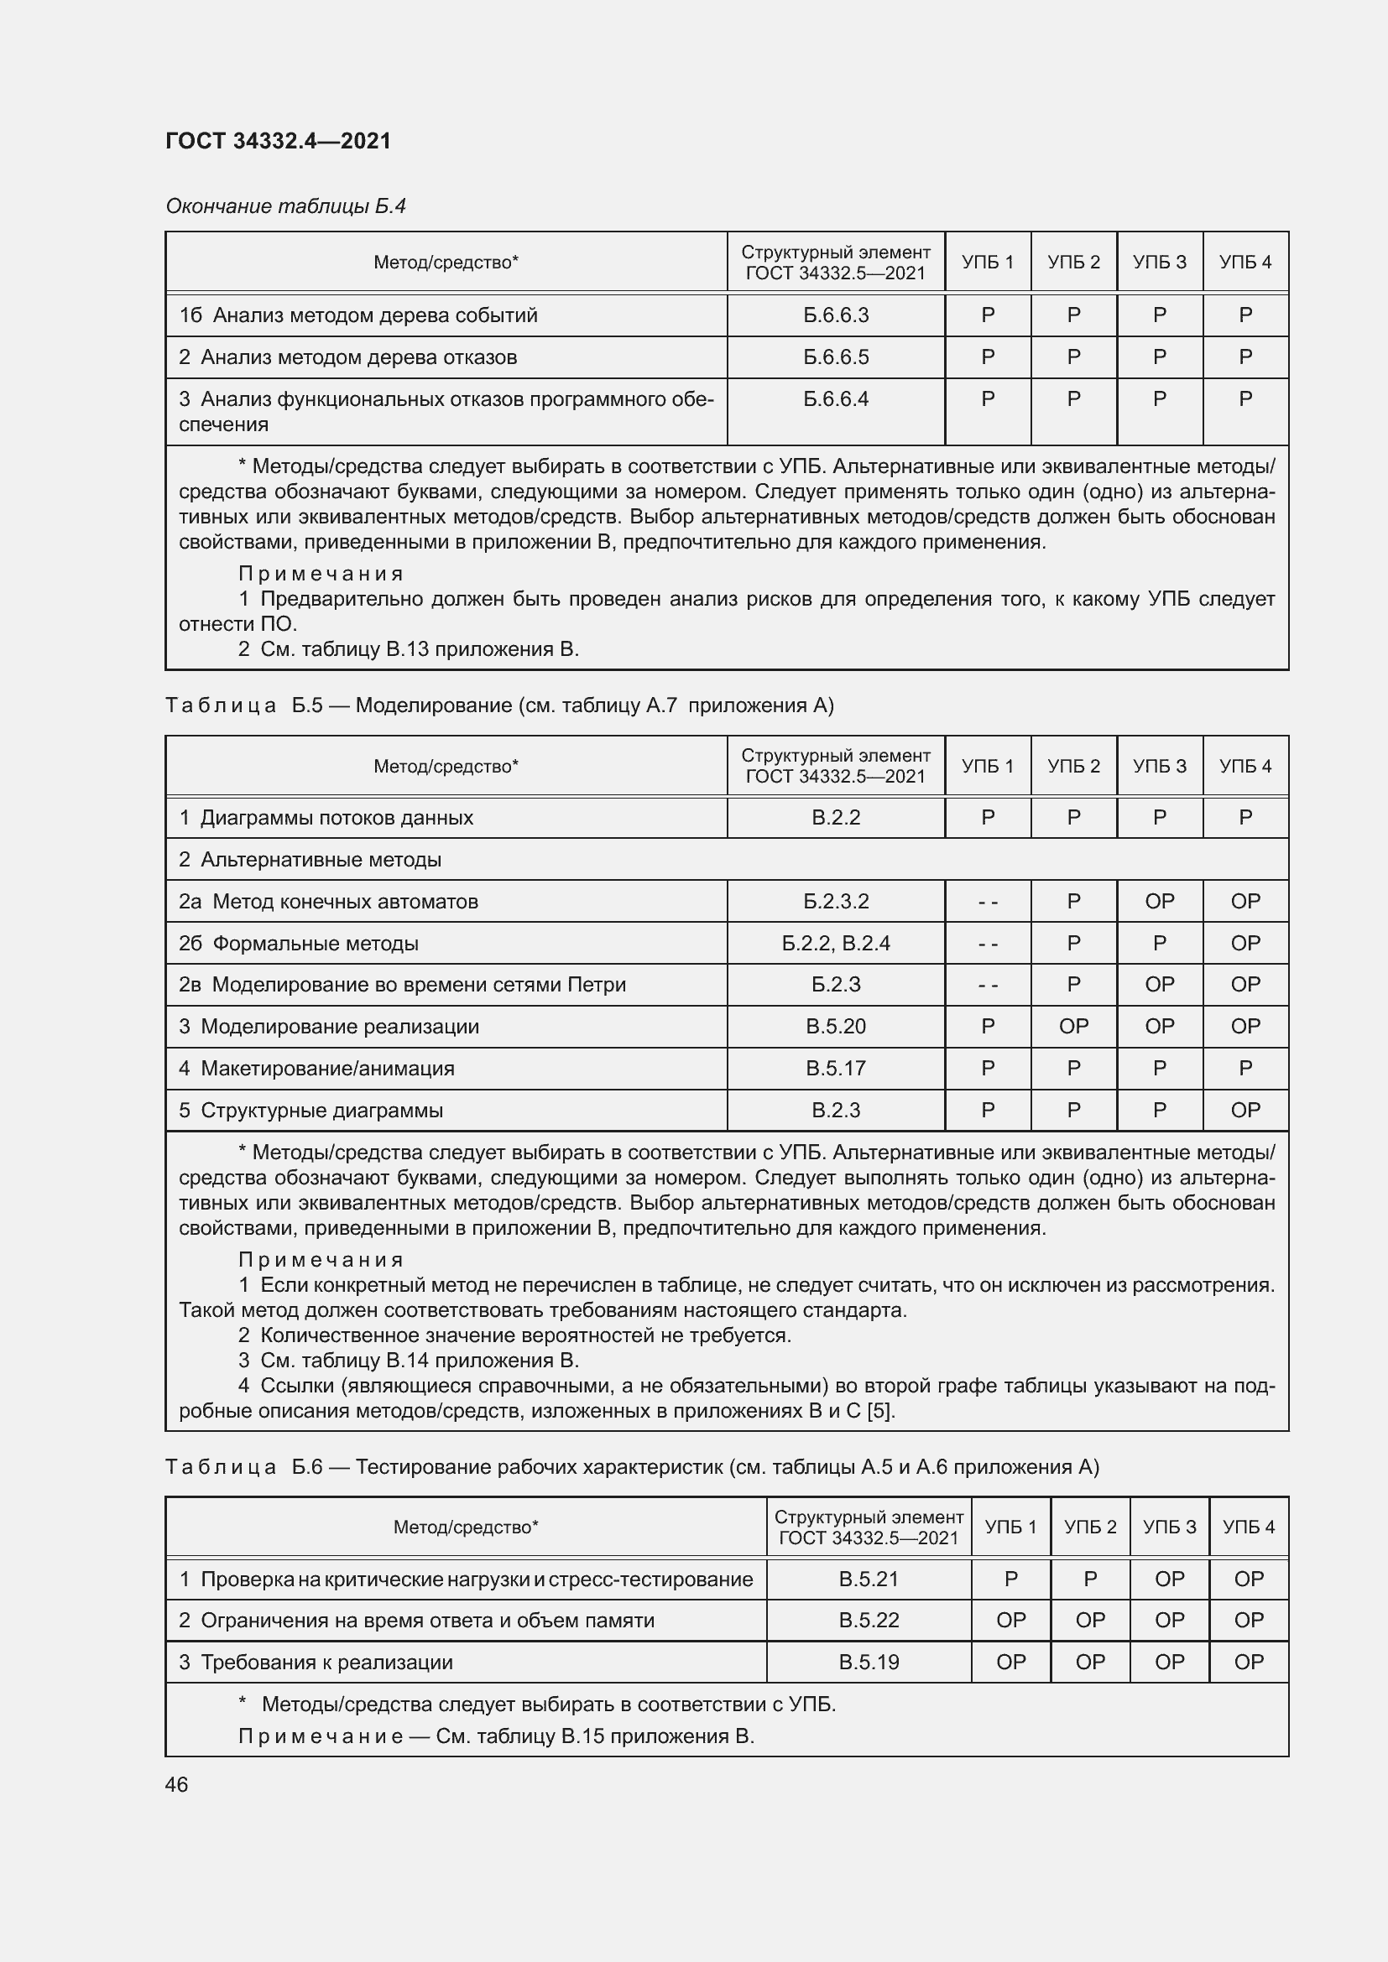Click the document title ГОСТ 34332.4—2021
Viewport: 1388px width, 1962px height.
278,141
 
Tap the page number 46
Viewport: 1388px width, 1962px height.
177,1784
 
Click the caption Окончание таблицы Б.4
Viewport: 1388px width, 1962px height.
285,206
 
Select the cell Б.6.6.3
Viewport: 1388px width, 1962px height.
835,315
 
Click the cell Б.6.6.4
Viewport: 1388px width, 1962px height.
835,399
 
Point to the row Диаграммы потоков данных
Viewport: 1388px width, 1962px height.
326,818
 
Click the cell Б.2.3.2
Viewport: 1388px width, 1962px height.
835,902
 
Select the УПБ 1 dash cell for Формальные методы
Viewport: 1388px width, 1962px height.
987,944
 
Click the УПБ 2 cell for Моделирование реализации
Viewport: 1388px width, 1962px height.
1073,1026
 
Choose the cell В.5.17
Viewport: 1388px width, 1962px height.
835,1068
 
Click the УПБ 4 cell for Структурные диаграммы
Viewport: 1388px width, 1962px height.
1245,1110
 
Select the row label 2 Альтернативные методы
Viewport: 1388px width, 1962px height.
310,860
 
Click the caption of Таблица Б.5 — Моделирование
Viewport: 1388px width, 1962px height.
499,705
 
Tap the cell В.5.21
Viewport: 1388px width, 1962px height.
869,1579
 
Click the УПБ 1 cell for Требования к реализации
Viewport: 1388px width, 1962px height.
1010,1662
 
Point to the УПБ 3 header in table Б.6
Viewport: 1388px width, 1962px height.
1169,1526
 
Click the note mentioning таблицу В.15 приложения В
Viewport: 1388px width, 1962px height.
496,1736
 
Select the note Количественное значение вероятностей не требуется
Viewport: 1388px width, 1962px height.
514,1335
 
